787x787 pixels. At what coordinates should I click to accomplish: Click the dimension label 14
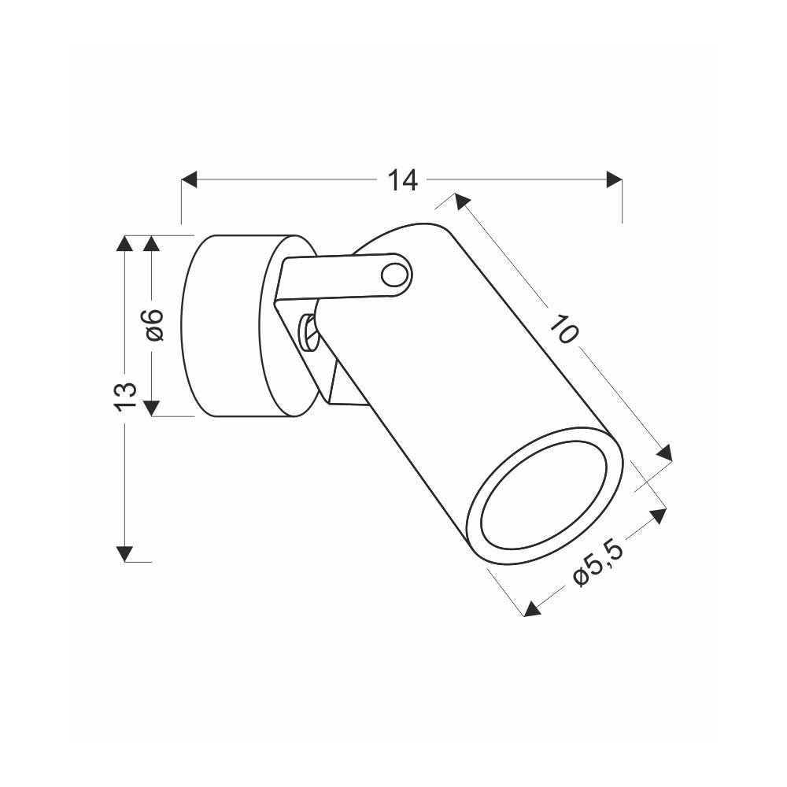(402, 180)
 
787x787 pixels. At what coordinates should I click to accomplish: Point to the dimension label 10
(564, 329)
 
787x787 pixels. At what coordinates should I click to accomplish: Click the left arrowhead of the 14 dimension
(189, 179)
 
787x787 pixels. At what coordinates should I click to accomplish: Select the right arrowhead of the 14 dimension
(615, 179)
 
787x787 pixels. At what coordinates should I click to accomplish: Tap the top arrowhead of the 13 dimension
(125, 243)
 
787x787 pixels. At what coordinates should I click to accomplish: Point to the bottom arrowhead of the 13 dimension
(125, 553)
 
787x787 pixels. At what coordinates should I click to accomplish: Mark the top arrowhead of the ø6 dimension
(152, 243)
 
